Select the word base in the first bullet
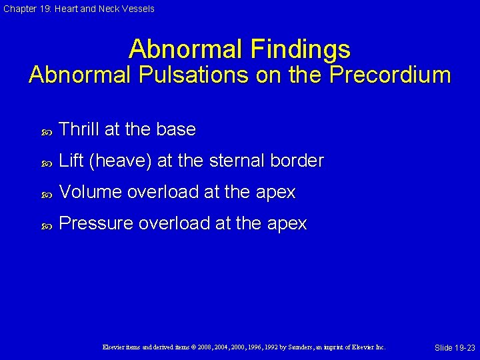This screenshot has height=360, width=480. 177,129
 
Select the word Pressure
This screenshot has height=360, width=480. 96,223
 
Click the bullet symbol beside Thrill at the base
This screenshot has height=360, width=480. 46,131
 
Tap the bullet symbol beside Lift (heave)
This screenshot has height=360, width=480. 46,162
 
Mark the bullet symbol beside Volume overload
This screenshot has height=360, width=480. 46,193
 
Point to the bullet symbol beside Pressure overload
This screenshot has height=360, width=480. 46,225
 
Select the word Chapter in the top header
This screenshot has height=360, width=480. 18,9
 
